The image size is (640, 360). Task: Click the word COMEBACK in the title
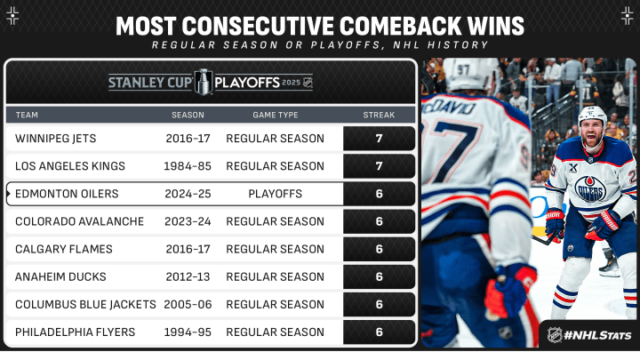(x=401, y=26)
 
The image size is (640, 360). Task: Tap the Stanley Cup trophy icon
(x=203, y=82)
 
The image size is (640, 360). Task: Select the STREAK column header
(x=379, y=115)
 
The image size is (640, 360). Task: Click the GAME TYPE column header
(x=275, y=115)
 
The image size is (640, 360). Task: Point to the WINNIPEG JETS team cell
(x=55, y=139)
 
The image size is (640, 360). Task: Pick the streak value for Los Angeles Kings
(x=379, y=166)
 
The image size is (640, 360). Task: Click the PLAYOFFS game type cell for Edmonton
(x=275, y=194)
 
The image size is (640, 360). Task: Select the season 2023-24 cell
(x=188, y=221)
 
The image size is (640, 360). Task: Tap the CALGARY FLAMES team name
(x=64, y=249)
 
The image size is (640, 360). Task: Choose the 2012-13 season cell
(x=188, y=276)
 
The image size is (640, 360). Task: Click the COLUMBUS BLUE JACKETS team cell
(x=85, y=305)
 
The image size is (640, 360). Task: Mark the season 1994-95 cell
(x=188, y=332)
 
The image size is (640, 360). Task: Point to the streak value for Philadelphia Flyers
(x=379, y=332)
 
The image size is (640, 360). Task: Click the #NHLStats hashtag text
(x=597, y=335)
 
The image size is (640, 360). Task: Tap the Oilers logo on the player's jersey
(x=590, y=188)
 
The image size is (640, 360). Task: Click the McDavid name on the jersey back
(x=449, y=108)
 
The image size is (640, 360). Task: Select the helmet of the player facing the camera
(x=593, y=116)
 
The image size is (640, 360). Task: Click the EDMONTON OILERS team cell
(x=67, y=194)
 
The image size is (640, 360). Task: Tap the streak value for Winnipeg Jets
(x=379, y=139)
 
